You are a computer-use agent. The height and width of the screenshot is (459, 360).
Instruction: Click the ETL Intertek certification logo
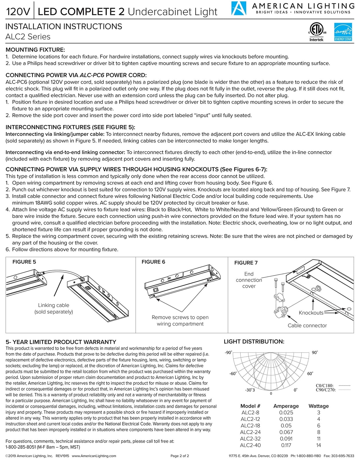click(316, 32)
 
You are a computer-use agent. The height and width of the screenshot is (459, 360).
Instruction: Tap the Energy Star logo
click(343, 32)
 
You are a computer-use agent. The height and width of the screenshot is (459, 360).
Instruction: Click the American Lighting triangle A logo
click(239, 8)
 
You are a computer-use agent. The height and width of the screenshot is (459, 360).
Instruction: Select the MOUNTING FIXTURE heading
click(35, 50)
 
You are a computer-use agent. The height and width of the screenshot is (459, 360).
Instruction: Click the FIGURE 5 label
click(24, 262)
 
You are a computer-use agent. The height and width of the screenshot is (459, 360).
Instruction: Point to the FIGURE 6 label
click(153, 262)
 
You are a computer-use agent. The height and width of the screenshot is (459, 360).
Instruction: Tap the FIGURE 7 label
click(246, 262)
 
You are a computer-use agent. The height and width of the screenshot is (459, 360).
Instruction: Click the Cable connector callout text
click(307, 325)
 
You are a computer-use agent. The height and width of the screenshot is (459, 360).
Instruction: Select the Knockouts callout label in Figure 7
click(311, 313)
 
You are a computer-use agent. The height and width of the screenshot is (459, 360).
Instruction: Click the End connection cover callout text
click(249, 280)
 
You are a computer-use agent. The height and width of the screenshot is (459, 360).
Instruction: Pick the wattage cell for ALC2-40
click(318, 445)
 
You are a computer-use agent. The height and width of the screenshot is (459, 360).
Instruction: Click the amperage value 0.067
click(286, 432)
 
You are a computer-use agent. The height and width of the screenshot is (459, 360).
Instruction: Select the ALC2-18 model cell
click(250, 425)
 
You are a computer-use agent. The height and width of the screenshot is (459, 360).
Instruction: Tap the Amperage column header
click(286, 406)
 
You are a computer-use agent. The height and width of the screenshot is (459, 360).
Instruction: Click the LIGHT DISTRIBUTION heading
click(254, 341)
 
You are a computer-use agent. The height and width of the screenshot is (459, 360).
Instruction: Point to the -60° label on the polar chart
click(233, 374)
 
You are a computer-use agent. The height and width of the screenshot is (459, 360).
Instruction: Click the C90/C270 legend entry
click(326, 390)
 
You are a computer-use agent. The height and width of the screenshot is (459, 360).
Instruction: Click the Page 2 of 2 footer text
click(180, 456)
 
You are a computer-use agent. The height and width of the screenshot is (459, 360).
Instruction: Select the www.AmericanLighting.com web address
click(94, 456)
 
